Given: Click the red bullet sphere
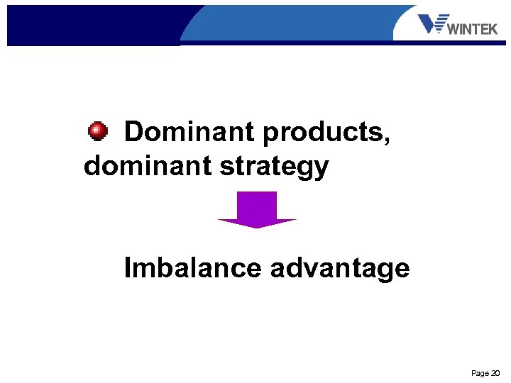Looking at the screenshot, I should click(x=98, y=131).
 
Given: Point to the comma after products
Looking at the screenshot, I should click(x=387, y=140).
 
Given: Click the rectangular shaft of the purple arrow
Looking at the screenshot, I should click(x=257, y=205).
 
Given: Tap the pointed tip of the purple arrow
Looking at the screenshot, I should click(x=257, y=226).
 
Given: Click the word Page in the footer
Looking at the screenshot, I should click(x=480, y=373).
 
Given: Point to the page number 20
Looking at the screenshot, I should click(x=495, y=373).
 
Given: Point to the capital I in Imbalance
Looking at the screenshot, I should click(x=128, y=268).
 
